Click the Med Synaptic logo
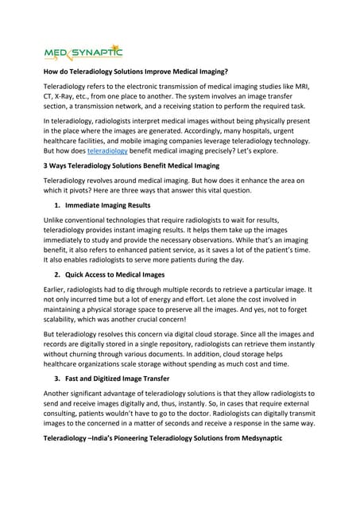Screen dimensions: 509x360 (x=83, y=53)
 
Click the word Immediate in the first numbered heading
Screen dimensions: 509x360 (x=88, y=206)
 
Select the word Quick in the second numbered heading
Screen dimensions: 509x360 (x=80, y=274)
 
